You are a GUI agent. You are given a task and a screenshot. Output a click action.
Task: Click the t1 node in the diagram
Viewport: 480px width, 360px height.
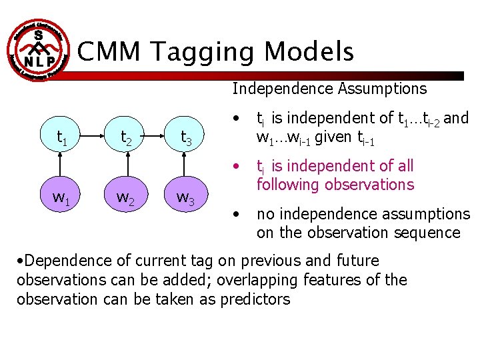[x=61, y=137]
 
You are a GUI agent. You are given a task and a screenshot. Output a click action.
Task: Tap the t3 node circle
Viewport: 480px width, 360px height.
[x=187, y=137]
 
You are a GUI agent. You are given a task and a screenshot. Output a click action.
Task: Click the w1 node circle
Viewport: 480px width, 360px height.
[x=61, y=198]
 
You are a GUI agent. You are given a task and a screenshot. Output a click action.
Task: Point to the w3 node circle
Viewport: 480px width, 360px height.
[x=187, y=198]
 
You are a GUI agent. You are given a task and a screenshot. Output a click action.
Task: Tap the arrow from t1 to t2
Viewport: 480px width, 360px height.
[x=93, y=137]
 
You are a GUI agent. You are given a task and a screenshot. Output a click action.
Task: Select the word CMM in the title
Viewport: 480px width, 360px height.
[x=109, y=51]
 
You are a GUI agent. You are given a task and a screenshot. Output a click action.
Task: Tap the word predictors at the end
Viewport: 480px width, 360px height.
[x=257, y=299]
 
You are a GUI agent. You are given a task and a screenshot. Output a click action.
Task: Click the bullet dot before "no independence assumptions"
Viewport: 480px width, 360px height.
[x=237, y=214]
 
